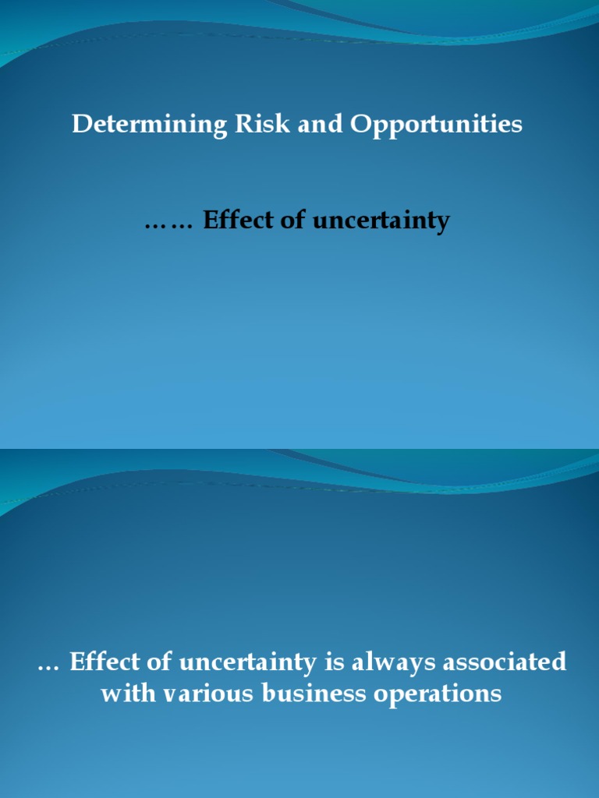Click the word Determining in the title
pos(140,125)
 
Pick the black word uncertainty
pos(381,222)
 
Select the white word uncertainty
pos(247,663)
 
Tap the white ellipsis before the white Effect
pos(48,667)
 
